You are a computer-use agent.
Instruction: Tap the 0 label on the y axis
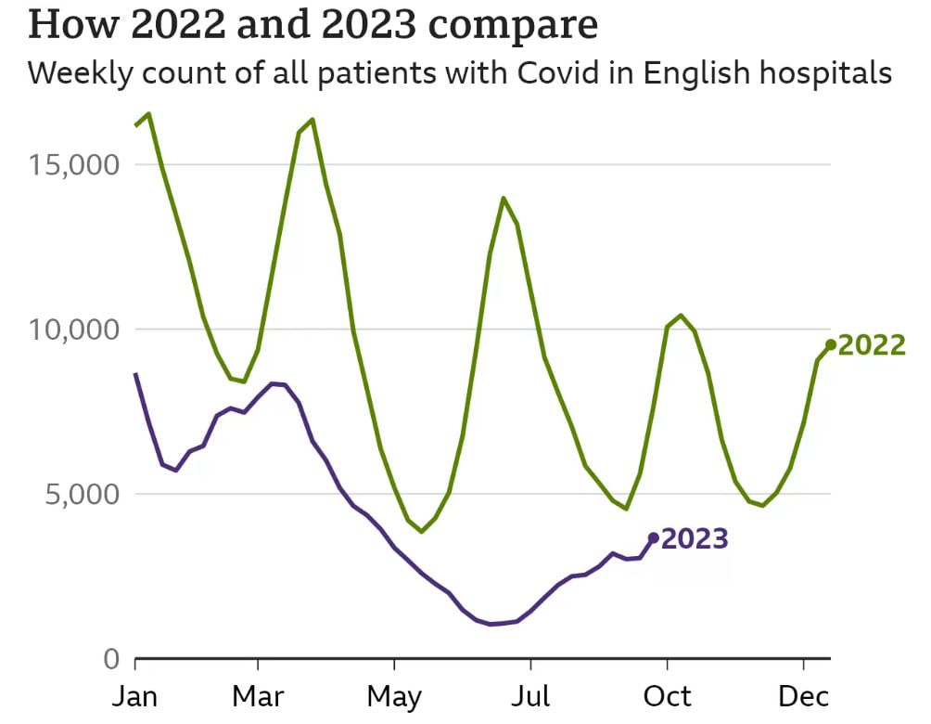[111, 659]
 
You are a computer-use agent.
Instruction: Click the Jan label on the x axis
[135, 696]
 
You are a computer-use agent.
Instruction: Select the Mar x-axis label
[257, 696]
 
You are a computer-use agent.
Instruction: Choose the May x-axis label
[395, 696]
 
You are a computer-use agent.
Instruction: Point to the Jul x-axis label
[530, 696]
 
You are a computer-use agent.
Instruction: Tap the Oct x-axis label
[668, 696]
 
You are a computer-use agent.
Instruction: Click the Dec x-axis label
[803, 696]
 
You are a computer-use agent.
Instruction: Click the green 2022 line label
[872, 345]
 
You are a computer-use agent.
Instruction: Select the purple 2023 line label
[695, 538]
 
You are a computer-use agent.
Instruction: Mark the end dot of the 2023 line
[654, 537]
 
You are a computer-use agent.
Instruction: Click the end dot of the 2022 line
[831, 344]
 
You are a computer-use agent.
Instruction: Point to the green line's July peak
[504, 198]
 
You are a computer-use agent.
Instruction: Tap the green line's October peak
[682, 316]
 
